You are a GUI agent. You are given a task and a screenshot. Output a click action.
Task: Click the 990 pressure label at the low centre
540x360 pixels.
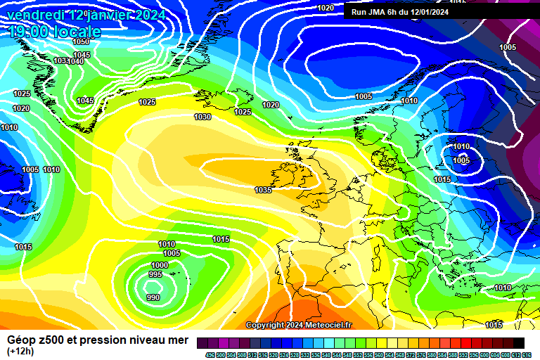[x=153, y=297]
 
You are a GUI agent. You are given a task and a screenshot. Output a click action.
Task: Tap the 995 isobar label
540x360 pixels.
[x=156, y=275]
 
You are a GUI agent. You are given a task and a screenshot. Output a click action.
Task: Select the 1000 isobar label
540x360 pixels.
[x=160, y=264]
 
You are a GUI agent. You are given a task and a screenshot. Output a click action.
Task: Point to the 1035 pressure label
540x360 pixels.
[x=263, y=190]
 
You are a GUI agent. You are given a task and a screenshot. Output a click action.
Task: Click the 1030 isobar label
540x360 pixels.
[x=202, y=117]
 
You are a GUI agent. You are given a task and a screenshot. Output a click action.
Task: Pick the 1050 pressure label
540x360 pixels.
[x=81, y=41]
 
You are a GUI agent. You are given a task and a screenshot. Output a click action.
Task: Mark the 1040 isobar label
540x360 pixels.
[x=76, y=61]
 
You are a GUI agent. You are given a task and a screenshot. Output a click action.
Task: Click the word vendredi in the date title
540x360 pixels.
[x=39, y=14]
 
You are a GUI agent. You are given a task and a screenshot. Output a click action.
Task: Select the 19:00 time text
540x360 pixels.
[x=32, y=32]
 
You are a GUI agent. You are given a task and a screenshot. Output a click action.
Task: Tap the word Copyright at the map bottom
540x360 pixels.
[x=266, y=325]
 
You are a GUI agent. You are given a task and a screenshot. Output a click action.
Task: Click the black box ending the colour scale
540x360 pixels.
[x=518, y=342]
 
